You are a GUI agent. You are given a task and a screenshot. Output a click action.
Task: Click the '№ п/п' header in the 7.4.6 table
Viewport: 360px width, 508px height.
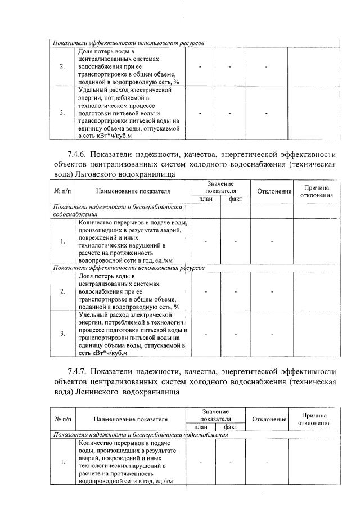tap(62, 191)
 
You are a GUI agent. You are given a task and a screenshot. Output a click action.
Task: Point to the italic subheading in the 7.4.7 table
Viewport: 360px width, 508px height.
tap(140, 435)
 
